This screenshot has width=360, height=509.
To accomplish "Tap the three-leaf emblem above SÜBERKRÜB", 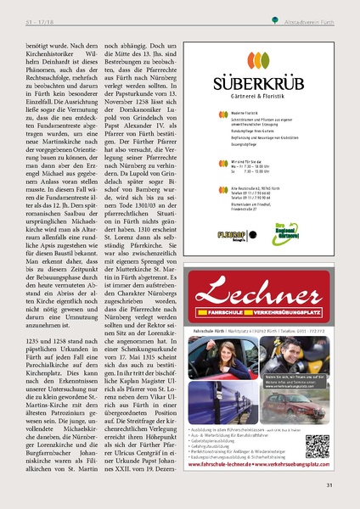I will click(267, 62).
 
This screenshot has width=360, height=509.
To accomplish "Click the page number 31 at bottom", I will click(328, 485).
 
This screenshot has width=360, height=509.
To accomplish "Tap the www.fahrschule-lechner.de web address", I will click(222, 464).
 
